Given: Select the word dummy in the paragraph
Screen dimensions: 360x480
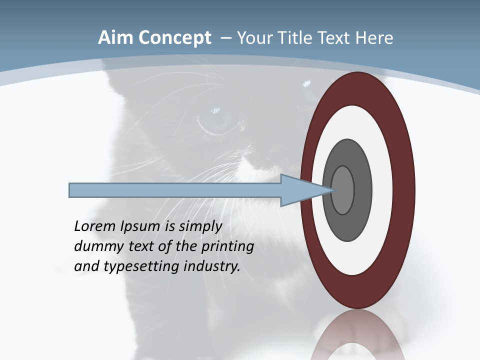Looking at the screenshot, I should (x=96, y=246).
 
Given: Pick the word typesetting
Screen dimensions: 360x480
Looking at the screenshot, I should (x=142, y=266).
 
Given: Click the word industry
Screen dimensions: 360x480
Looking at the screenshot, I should (x=212, y=266).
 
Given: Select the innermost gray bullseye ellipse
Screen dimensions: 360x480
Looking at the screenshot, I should (x=342, y=190).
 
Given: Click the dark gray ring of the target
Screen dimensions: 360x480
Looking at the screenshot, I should (x=347, y=225).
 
